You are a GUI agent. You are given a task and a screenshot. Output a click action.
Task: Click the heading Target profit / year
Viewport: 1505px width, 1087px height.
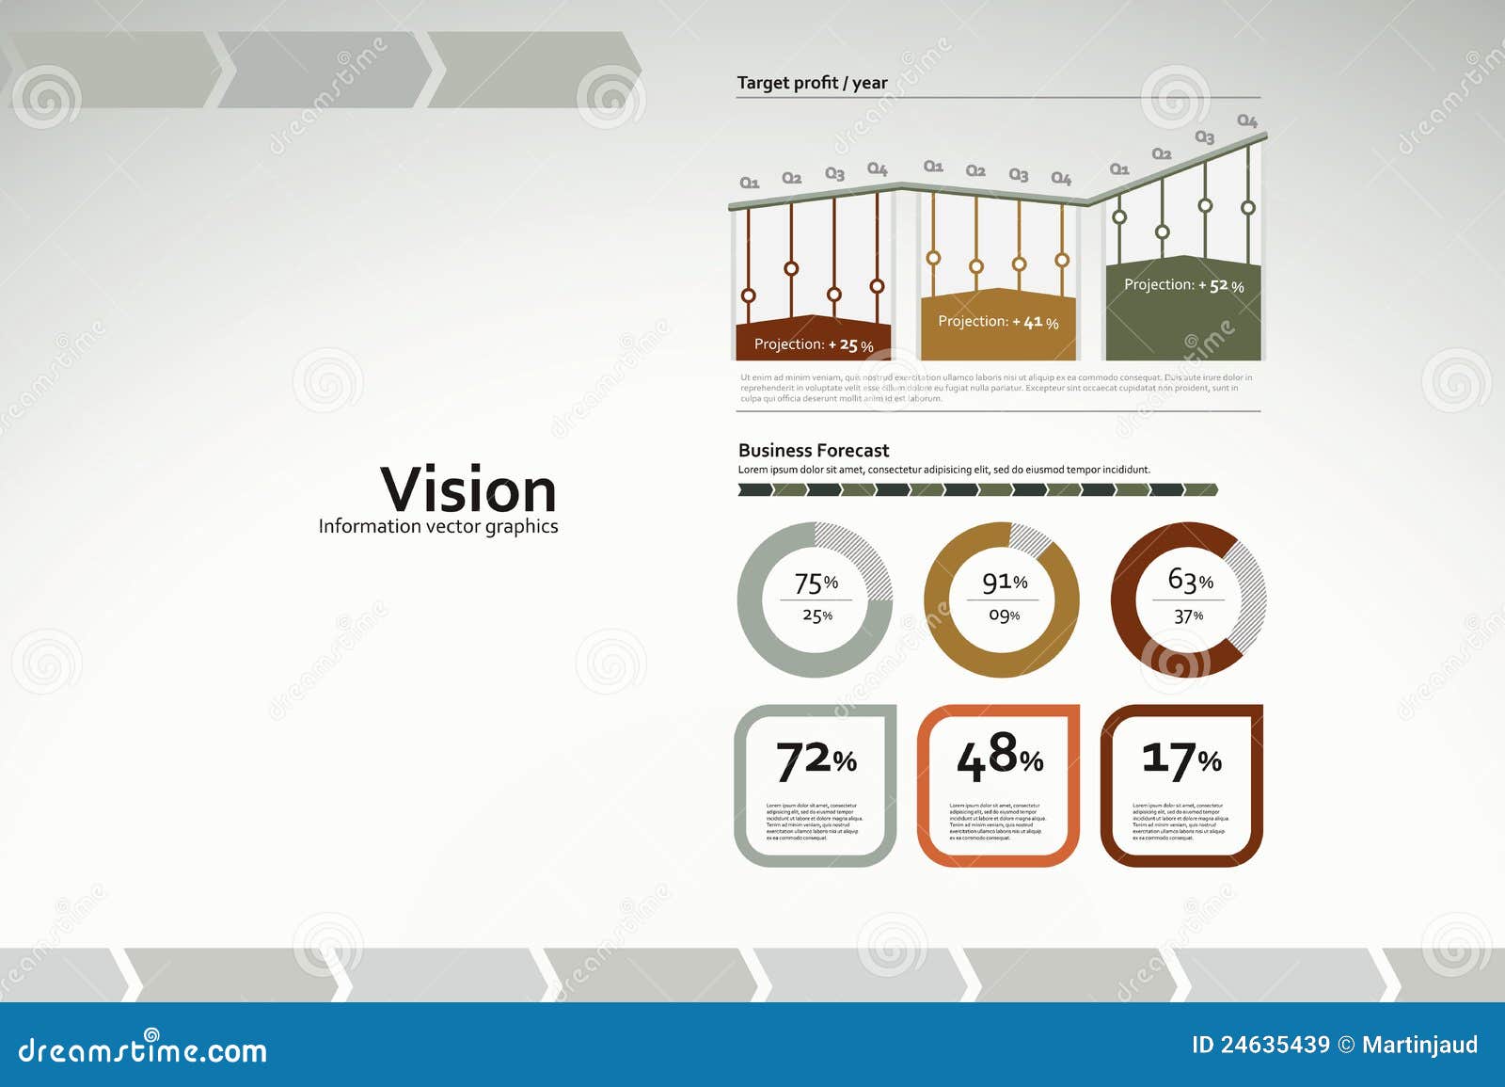point(812,83)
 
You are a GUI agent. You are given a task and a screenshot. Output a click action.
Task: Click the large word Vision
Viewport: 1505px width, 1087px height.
point(468,490)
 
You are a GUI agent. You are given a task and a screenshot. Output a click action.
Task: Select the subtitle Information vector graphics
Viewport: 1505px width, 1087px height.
point(438,526)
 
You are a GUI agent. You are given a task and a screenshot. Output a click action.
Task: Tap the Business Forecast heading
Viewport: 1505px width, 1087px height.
point(814,451)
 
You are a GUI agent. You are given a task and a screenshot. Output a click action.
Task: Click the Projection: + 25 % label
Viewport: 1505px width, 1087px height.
point(814,344)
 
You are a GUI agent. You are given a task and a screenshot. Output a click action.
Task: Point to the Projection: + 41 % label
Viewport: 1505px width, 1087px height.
point(998,322)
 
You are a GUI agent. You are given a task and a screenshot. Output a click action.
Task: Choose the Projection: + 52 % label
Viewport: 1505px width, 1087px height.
point(1183,285)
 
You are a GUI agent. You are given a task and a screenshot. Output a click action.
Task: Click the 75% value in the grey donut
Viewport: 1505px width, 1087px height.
point(816,583)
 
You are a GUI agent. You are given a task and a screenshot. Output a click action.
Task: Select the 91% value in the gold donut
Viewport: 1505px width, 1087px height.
point(1004,583)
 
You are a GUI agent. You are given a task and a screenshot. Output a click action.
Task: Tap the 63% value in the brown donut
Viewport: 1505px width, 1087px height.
point(1190,580)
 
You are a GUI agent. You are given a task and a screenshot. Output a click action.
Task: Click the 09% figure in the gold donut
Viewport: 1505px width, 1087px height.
point(1004,615)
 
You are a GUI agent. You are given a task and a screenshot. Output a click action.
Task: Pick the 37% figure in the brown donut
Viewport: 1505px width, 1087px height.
point(1188,616)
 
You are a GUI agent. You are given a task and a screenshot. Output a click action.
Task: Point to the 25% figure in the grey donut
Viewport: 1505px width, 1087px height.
point(816,615)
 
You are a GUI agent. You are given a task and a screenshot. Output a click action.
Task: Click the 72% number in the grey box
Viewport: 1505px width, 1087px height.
point(816,760)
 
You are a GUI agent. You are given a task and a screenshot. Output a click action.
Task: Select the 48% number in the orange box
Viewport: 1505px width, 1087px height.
point(999,758)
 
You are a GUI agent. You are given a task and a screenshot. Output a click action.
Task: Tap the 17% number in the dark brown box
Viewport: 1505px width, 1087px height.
point(1181,759)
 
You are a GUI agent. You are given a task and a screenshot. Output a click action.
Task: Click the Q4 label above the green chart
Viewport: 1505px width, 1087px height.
point(1246,120)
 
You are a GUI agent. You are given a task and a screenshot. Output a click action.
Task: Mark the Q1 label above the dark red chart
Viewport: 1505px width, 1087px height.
point(749,183)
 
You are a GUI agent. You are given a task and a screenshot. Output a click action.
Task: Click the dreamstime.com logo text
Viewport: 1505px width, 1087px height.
point(143,1050)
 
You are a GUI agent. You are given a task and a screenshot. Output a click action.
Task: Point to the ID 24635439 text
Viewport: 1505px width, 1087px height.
point(1260,1045)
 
